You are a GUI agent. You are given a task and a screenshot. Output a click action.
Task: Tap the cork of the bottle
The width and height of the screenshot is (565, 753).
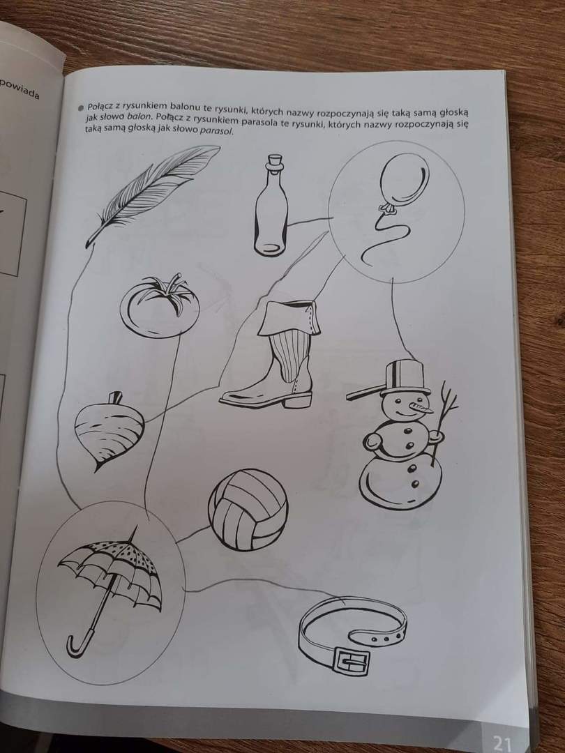pyautogui.click(x=276, y=161)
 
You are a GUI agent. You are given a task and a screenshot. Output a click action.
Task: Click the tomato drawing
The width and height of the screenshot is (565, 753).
pyautogui.click(x=160, y=305)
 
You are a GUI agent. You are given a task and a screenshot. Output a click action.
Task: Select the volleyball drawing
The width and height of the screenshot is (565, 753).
pyautogui.click(x=248, y=510)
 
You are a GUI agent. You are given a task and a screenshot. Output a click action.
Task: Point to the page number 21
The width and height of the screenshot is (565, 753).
pyautogui.click(x=502, y=743)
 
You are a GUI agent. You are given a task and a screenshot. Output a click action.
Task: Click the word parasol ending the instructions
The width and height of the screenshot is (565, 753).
pyautogui.click(x=216, y=131)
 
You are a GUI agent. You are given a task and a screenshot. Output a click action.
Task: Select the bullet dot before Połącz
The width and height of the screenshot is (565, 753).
pyautogui.click(x=81, y=107)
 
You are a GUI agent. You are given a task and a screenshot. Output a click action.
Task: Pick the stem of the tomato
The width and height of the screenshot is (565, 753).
pyautogui.click(x=167, y=289)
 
